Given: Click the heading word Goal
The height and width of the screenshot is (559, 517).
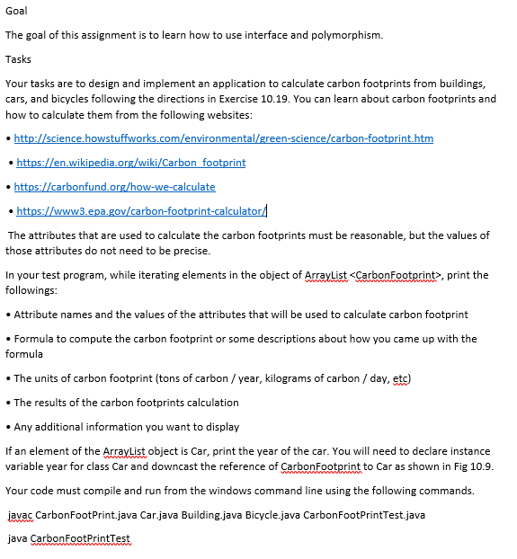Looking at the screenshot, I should (x=16, y=11).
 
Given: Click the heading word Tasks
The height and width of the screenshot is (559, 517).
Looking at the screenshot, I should (x=18, y=59).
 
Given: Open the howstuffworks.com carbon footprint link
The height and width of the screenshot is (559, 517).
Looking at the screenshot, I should (x=224, y=138).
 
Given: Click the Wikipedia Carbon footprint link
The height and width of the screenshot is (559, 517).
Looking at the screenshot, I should (x=130, y=163).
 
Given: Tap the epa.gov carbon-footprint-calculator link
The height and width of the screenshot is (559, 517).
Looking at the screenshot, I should (x=140, y=211).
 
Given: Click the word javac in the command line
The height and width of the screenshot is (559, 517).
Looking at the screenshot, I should (x=21, y=515).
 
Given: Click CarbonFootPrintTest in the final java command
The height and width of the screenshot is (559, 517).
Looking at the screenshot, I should (x=81, y=538).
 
